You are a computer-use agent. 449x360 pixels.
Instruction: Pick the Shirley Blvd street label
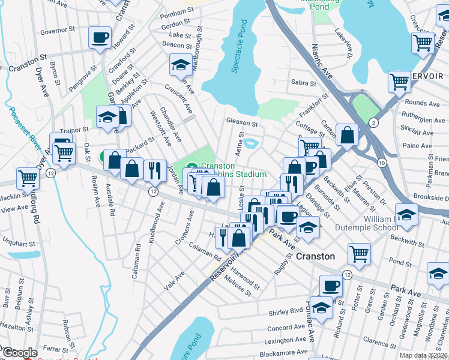tap(287, 311)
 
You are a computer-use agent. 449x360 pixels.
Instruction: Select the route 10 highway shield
tap(381, 163)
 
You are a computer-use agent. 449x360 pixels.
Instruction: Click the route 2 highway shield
tap(373, 122)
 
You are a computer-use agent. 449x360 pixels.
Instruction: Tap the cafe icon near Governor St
tap(100, 38)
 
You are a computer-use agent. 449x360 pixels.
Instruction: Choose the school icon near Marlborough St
tap(179, 66)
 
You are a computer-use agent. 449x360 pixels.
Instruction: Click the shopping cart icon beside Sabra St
tap(399, 82)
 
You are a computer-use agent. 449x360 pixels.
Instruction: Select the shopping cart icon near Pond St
tap(359, 253)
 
